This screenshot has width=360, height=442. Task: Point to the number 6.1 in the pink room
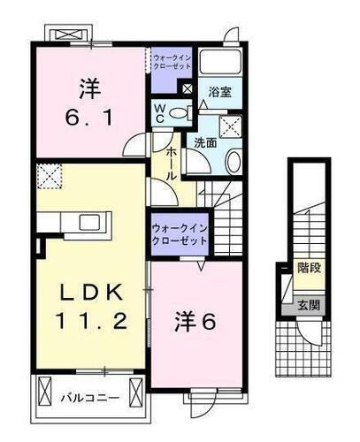pyautogui.click(x=88, y=115)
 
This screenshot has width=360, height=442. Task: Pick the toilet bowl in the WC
pyautogui.click(x=180, y=112)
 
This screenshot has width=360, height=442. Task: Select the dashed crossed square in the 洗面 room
pyautogui.click(x=230, y=126)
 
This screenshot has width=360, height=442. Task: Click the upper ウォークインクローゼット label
pyautogui.click(x=171, y=64)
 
